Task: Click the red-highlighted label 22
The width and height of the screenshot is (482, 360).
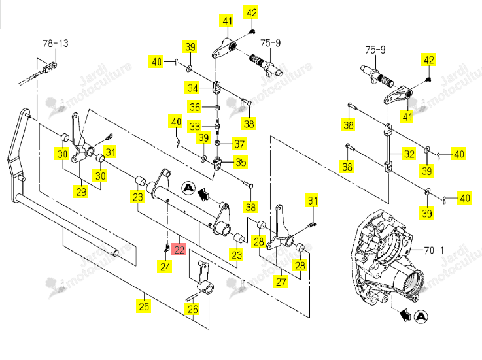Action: click(179, 249)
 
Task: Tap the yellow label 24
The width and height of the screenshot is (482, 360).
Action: click(165, 267)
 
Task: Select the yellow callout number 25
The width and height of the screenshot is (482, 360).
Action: click(144, 306)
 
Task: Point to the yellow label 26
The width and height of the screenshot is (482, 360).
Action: click(193, 308)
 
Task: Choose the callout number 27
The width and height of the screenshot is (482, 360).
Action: click(281, 282)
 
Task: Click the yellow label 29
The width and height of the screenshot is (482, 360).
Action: click(81, 192)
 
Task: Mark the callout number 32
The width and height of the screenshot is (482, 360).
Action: click(409, 154)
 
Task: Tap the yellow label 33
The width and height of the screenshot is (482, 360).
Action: click(195, 126)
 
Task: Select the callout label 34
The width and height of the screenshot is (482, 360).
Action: click(192, 88)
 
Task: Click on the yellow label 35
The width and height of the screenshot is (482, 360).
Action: click(241, 162)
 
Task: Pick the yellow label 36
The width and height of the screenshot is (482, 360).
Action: click(195, 107)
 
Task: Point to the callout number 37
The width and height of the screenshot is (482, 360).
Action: click(239, 144)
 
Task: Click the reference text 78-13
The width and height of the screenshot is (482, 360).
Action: click(56, 43)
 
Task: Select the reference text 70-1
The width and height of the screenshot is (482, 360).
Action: click(434, 250)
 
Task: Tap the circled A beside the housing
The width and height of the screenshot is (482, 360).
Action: click(421, 316)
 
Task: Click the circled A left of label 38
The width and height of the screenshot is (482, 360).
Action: click(188, 188)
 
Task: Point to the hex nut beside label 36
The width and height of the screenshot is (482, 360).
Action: click(216, 108)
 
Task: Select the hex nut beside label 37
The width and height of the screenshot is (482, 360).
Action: click(216, 144)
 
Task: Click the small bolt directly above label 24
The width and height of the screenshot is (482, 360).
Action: click(167, 247)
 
